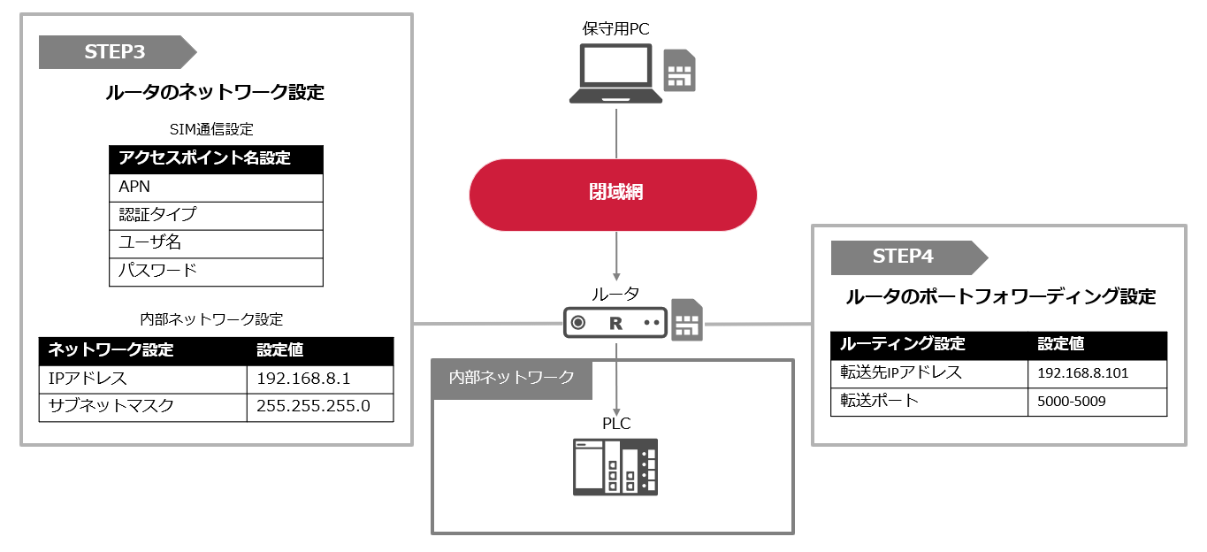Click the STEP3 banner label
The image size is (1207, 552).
click(x=115, y=51)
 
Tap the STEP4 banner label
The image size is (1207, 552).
click(x=903, y=257)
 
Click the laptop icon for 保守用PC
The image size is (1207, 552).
click(x=615, y=74)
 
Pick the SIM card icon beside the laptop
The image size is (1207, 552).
click(x=679, y=70)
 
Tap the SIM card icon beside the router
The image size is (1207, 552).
click(x=687, y=319)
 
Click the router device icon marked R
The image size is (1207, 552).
click(x=615, y=323)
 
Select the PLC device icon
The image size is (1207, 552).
click(x=615, y=466)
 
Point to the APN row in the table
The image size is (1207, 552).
click(x=216, y=188)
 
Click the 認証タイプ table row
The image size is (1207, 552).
click(x=216, y=215)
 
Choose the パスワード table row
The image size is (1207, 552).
click(x=216, y=271)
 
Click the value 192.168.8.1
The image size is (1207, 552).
click(x=303, y=379)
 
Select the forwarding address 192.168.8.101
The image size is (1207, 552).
click(x=1082, y=373)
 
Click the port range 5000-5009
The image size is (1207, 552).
click(x=1071, y=402)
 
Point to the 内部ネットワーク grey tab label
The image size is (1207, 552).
click(x=512, y=377)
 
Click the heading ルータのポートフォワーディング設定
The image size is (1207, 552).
click(x=1000, y=297)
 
